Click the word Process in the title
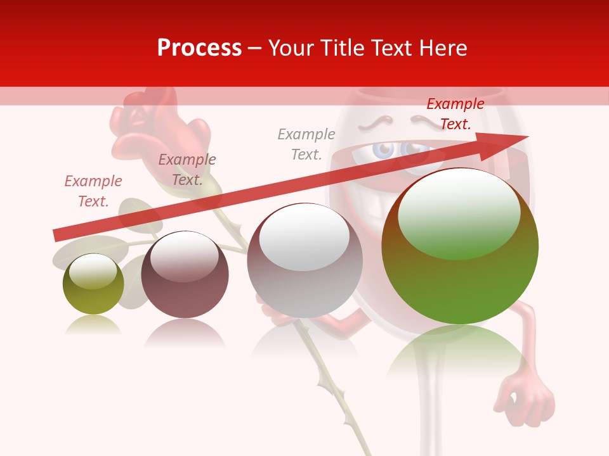pos(199,48)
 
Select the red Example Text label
pos(455,114)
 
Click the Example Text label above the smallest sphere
pos(93,191)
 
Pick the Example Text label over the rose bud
pos(187,170)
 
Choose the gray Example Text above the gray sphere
pos(306,144)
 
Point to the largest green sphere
pos(460,279)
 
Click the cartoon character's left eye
pos(384,150)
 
